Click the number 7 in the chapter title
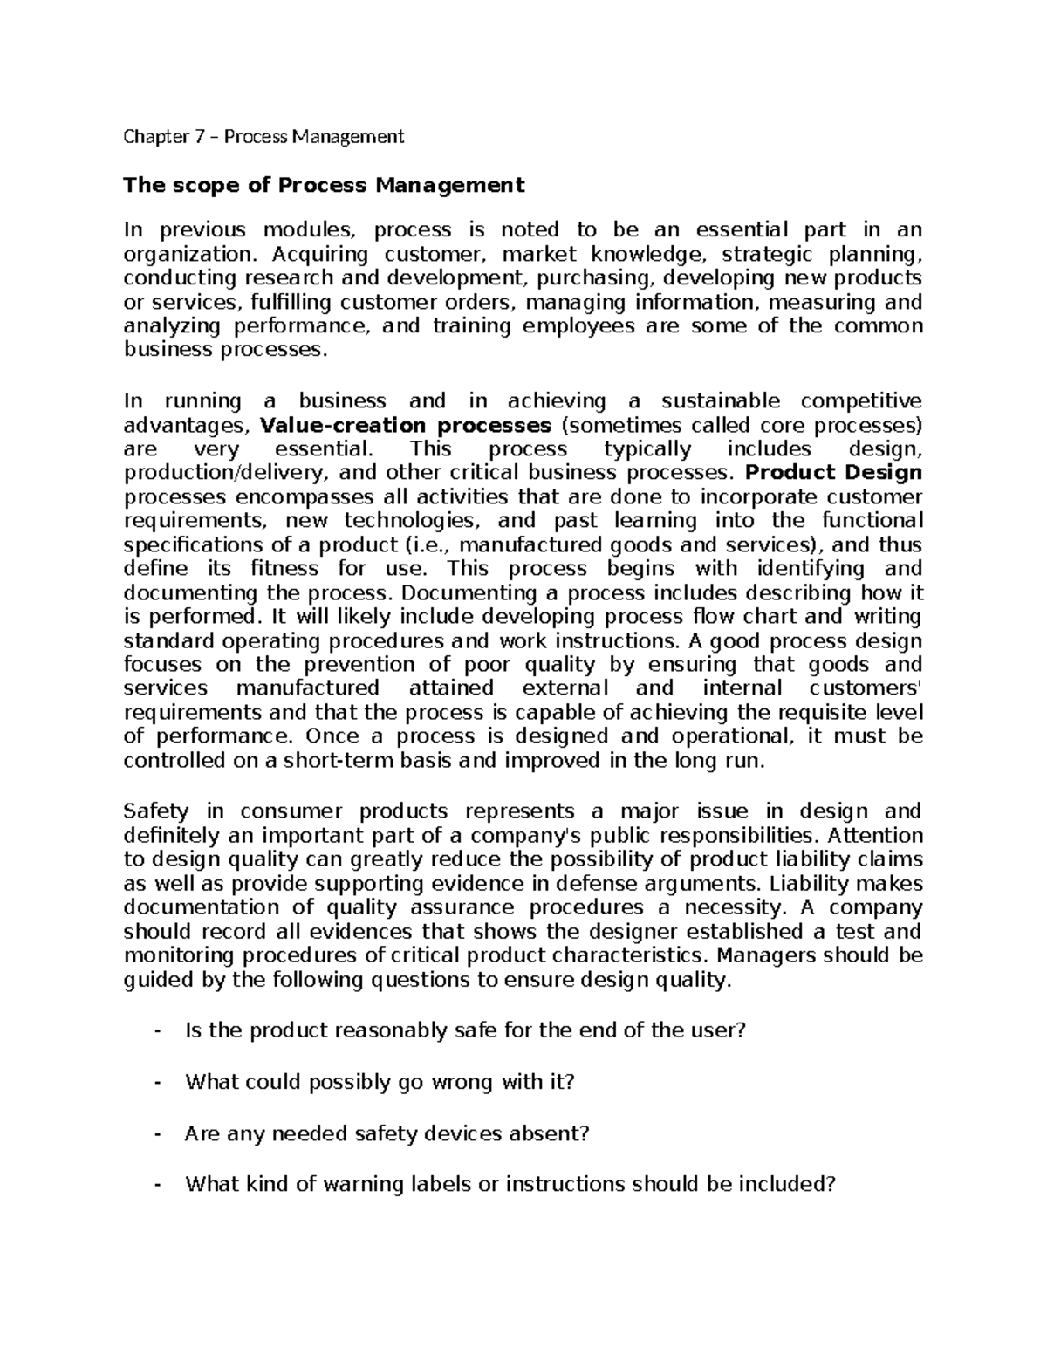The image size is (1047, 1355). pos(198,136)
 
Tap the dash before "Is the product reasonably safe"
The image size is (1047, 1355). pos(157,1031)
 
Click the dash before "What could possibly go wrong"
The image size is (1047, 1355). pos(157,1083)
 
